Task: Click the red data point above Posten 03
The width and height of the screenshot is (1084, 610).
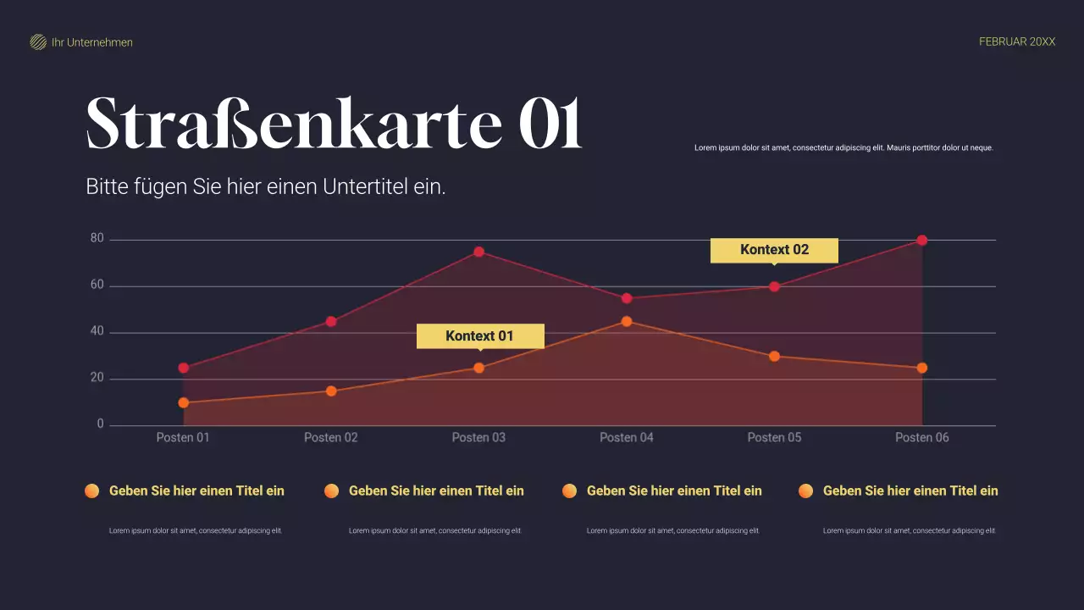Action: [x=478, y=252]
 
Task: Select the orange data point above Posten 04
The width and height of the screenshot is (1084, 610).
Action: [x=627, y=321]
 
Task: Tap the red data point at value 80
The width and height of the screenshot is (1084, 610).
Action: [x=922, y=241]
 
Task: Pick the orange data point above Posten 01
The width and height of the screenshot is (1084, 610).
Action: [x=184, y=402]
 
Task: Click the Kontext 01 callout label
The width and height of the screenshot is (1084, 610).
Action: [x=479, y=336]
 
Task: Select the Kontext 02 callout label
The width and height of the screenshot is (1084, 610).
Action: [x=774, y=250]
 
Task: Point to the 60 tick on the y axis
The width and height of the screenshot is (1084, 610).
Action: [x=97, y=286]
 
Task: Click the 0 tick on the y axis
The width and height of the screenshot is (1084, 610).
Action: [x=101, y=424]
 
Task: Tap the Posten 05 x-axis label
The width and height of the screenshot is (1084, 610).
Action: [x=774, y=438]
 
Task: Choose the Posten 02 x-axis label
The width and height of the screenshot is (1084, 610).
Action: [x=331, y=438]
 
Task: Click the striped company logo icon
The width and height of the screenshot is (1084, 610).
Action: [x=38, y=42]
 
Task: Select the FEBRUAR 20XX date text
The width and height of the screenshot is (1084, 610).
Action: [x=1017, y=42]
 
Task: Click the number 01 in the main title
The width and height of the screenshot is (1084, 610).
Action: [x=550, y=124]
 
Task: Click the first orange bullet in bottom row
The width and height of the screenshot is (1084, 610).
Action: [x=91, y=491]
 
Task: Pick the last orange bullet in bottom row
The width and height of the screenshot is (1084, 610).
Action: [x=805, y=491]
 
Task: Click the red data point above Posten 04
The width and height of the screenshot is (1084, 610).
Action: [x=627, y=298]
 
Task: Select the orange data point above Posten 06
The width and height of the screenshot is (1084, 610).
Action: [x=922, y=368]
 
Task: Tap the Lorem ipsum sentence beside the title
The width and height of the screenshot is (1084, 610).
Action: [x=843, y=147]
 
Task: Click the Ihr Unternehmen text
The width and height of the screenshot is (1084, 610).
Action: [x=92, y=42]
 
